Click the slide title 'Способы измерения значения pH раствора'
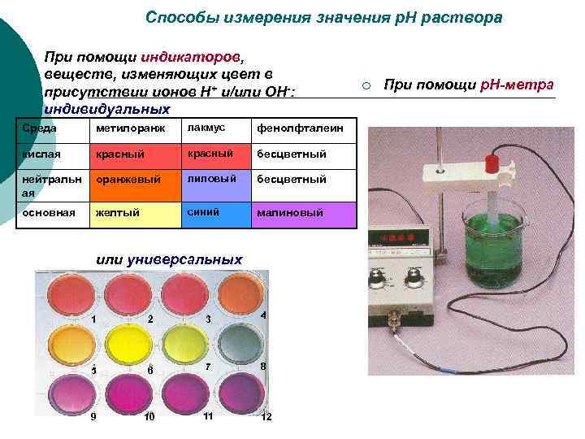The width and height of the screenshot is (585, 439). pyautogui.click(x=323, y=17)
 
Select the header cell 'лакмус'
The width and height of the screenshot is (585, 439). pyautogui.click(x=206, y=128)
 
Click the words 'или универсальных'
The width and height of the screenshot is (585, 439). pyautogui.click(x=169, y=259)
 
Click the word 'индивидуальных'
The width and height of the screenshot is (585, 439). pyautogui.click(x=106, y=109)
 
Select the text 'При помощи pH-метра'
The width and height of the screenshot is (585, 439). pyautogui.click(x=469, y=85)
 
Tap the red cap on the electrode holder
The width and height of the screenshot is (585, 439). pyautogui.click(x=491, y=162)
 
